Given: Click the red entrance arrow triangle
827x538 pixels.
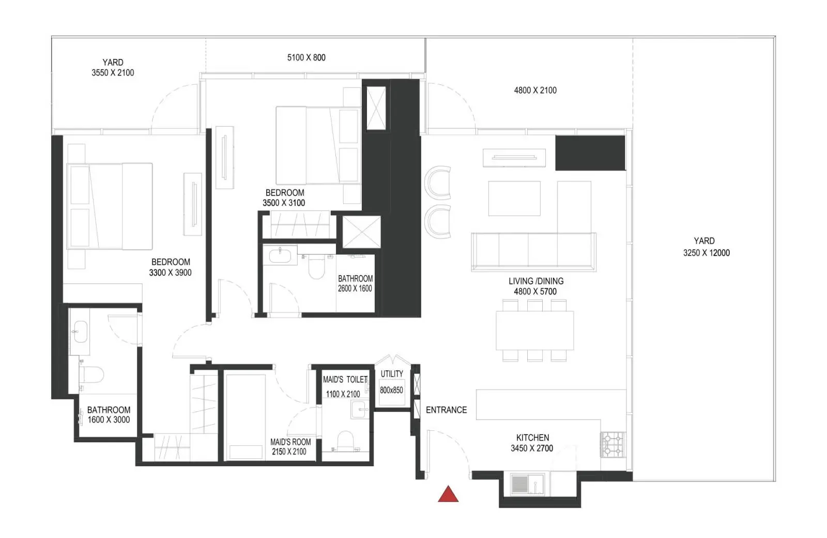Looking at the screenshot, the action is click(x=448, y=495).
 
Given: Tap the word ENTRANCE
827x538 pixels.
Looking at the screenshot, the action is click(x=447, y=410).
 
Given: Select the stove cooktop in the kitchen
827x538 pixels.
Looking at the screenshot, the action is click(x=613, y=444).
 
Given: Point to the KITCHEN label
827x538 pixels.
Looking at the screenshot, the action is click(x=532, y=438).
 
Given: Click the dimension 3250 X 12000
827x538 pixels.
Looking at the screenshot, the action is click(x=706, y=253).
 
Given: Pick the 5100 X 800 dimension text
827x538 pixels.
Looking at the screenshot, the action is click(x=307, y=57).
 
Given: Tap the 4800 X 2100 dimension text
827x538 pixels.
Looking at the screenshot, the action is click(x=535, y=90).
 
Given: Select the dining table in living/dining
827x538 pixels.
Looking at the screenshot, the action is click(x=534, y=331).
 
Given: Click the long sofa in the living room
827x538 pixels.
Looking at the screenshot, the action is click(x=533, y=252).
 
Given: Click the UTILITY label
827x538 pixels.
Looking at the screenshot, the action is click(x=392, y=374).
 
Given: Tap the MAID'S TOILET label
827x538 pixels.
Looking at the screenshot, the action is click(x=345, y=380).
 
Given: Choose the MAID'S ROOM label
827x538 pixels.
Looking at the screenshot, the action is click(x=290, y=442).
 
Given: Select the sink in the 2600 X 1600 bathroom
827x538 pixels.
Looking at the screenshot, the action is click(x=280, y=256).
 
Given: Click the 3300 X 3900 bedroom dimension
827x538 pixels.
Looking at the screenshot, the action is click(x=170, y=273).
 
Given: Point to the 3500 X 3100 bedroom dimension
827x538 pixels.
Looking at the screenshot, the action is click(x=284, y=203).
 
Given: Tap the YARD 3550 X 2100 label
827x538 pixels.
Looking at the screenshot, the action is click(x=113, y=68).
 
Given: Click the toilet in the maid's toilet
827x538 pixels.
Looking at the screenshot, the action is click(x=346, y=440).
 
